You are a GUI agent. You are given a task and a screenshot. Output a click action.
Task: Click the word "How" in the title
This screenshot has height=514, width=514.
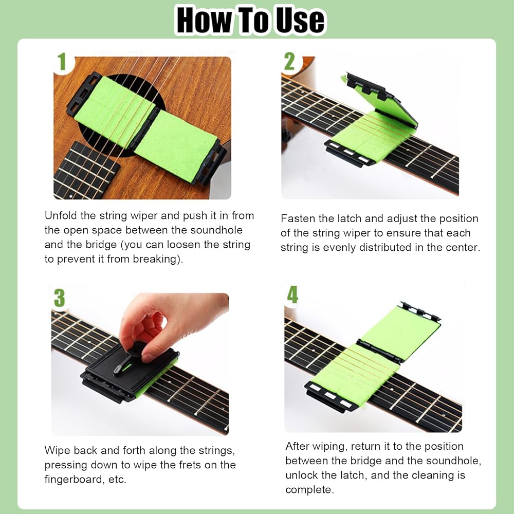[205, 20]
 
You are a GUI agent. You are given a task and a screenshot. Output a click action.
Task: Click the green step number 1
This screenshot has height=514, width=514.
[62, 62]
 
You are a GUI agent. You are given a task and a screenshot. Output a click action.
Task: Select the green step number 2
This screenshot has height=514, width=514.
[289, 61]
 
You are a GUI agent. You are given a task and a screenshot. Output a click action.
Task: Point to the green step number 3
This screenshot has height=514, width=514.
[59, 298]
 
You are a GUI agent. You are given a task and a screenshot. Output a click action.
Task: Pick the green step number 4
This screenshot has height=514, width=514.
[292, 295]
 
